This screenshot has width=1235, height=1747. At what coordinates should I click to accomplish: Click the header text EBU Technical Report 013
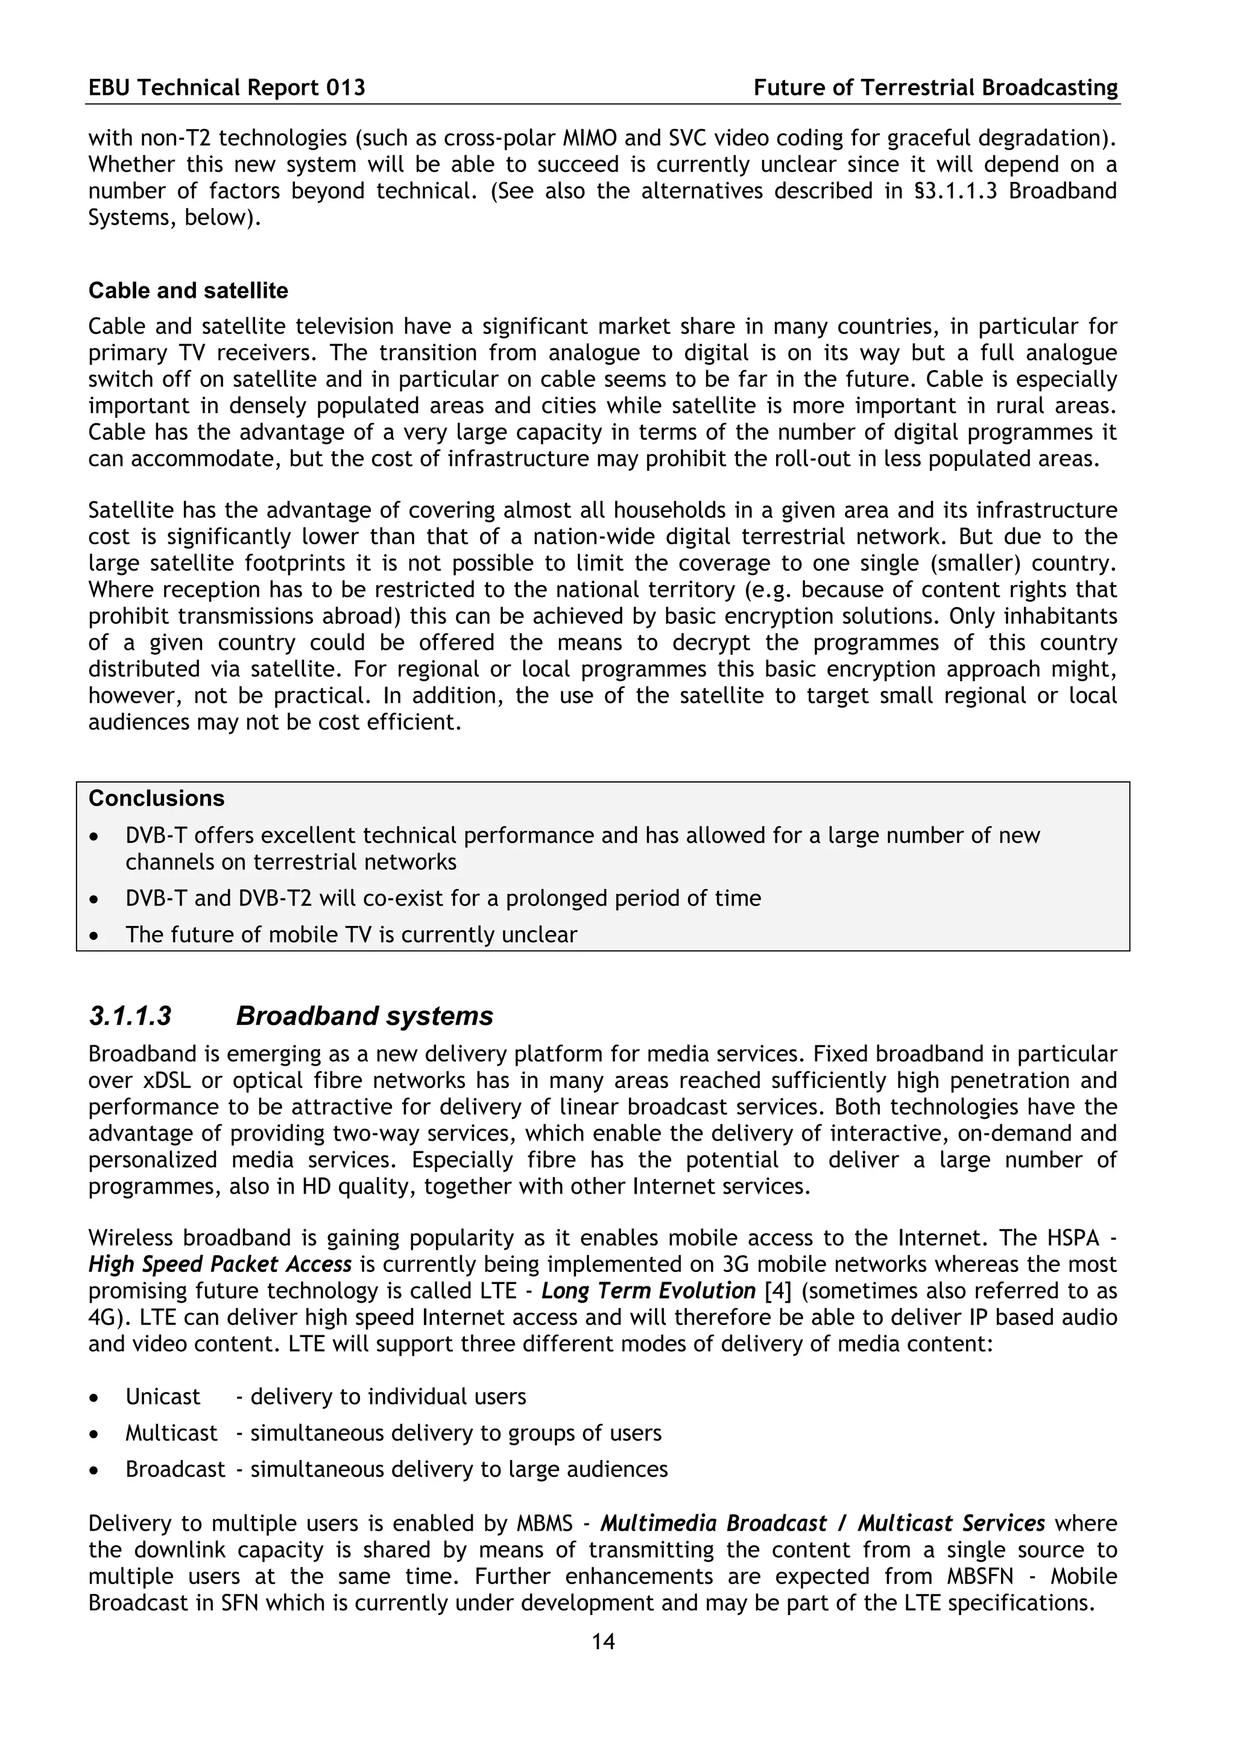pyautogui.click(x=227, y=88)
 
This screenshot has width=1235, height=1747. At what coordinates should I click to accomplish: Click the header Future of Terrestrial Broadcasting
pyautogui.click(x=935, y=88)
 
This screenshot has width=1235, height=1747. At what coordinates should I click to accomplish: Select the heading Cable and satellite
pyautogui.click(x=188, y=291)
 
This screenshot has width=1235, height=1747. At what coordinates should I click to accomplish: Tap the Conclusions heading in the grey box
pyautogui.click(x=156, y=798)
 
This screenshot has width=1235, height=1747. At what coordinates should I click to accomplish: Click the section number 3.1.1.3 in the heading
pyautogui.click(x=130, y=1016)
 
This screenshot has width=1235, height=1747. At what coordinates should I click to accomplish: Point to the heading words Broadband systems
pyautogui.click(x=364, y=1016)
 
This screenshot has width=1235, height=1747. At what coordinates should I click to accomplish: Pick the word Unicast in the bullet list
pyautogui.click(x=162, y=1397)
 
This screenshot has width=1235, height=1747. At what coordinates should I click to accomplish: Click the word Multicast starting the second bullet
pyautogui.click(x=171, y=1433)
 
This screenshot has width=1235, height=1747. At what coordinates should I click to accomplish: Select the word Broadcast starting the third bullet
pyautogui.click(x=175, y=1468)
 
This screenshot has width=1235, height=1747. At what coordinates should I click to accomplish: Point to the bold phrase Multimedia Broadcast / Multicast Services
pyautogui.click(x=822, y=1523)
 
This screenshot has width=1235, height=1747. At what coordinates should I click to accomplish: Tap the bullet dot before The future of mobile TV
pyautogui.click(x=93, y=936)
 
